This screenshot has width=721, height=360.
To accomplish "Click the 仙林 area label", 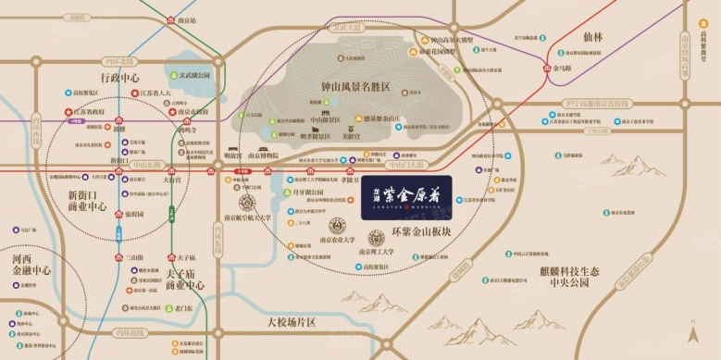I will [593, 38].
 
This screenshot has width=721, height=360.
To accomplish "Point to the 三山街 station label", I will [136, 256].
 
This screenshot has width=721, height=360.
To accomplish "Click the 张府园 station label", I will [135, 213].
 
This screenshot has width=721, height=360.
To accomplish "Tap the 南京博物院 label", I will [275, 160].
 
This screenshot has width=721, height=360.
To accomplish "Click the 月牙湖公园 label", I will [305, 192].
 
